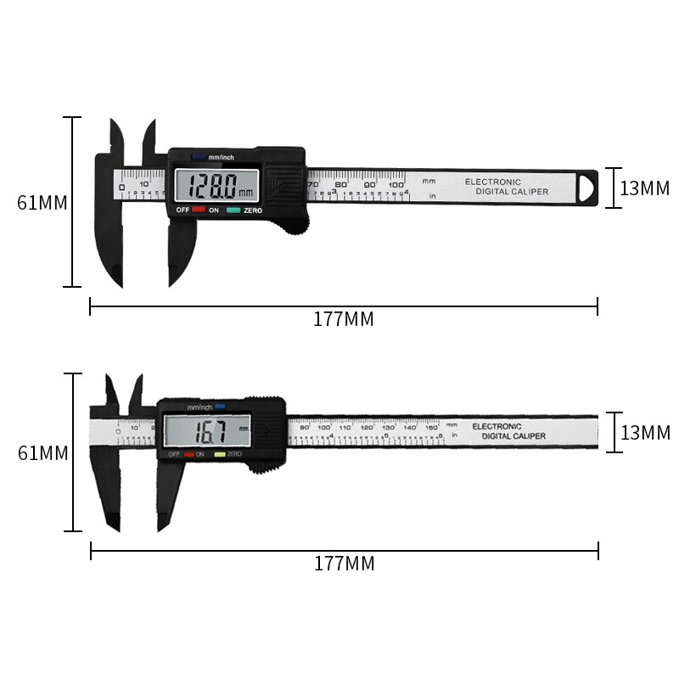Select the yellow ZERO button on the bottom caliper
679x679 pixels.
pos(220,455)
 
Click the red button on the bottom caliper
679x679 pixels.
pos(188,455)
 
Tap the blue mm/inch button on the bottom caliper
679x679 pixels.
pos(218,407)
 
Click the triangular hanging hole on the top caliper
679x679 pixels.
pos(586,187)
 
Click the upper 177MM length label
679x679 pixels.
pos(343,320)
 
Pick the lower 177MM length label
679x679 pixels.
pos(344,564)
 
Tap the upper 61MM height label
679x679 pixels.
pos(42,204)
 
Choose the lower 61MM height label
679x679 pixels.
pos(42,453)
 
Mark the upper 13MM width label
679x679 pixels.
pos(645,188)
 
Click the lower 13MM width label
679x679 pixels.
pos(645,433)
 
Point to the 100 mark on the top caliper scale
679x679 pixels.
pos(396,184)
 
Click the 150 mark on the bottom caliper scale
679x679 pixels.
pos(431,427)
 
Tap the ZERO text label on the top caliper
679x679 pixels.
pos(253,210)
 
